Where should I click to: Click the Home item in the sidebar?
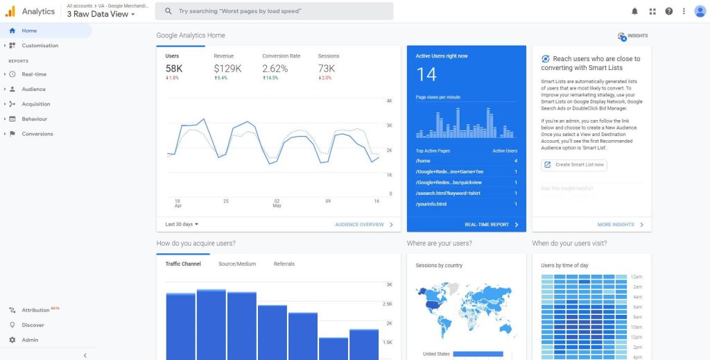pyautogui.click(x=29, y=31)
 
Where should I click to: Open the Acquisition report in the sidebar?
pyautogui.click(x=36, y=104)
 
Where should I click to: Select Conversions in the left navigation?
pyautogui.click(x=37, y=134)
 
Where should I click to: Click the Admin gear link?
pyautogui.click(x=30, y=340)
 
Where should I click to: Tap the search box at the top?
pyautogui.click(x=274, y=11)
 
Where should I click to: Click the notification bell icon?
pyautogui.click(x=634, y=11)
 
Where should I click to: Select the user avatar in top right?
pyautogui.click(x=700, y=11)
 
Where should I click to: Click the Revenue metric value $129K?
pyautogui.click(x=227, y=69)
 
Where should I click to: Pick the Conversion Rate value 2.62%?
pyautogui.click(x=275, y=69)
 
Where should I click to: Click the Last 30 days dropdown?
pyautogui.click(x=182, y=224)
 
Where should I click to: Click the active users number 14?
pyautogui.click(x=426, y=75)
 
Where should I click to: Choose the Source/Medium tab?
pyautogui.click(x=237, y=264)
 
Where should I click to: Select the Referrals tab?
pyautogui.click(x=284, y=264)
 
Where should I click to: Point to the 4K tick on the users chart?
pyautogui.click(x=389, y=101)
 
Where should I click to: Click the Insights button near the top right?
pyautogui.click(x=632, y=36)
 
